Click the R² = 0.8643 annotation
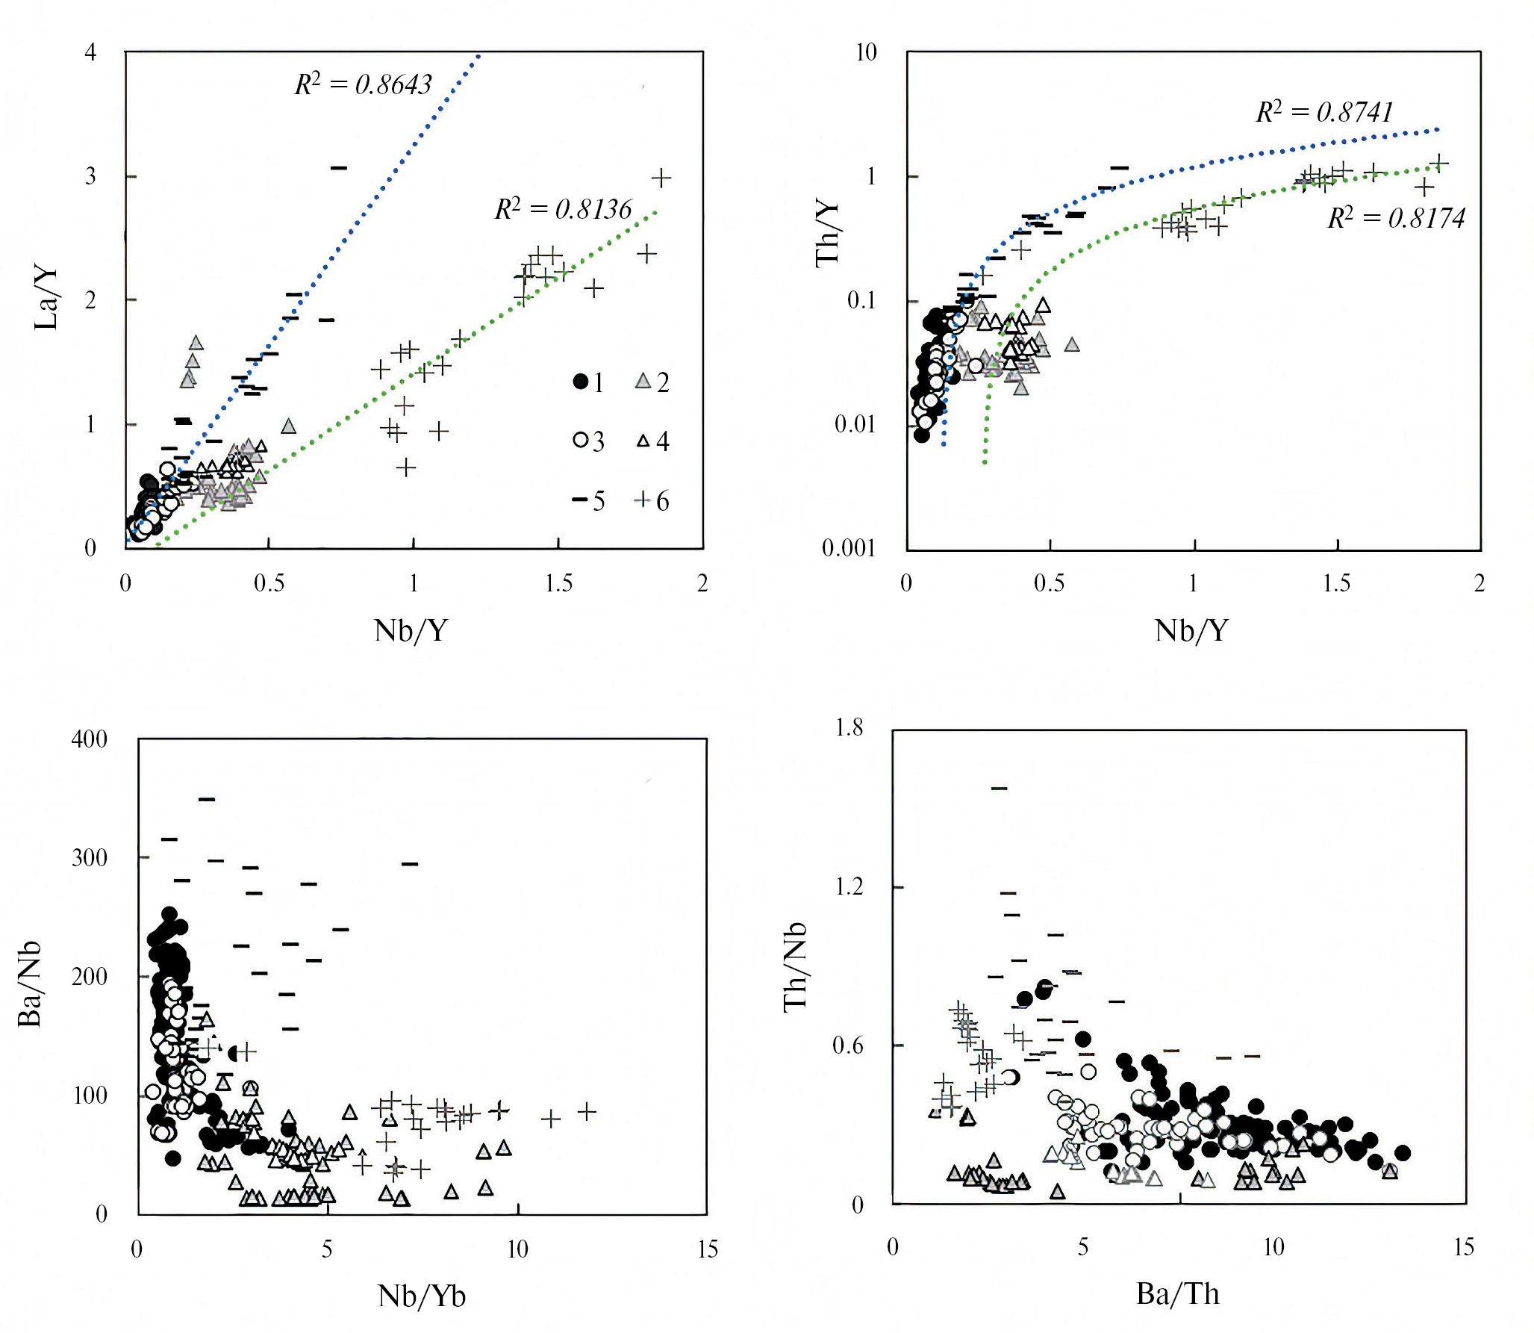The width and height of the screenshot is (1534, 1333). click(x=364, y=84)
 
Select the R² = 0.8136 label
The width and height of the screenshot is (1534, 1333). click(x=564, y=209)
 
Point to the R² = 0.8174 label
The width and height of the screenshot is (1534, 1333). click(x=1396, y=218)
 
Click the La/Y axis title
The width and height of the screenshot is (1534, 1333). click(x=46, y=299)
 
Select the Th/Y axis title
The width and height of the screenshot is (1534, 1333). click(x=827, y=234)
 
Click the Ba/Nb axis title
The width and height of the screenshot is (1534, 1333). click(x=30, y=985)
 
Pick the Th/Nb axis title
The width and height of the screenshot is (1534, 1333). click(x=796, y=966)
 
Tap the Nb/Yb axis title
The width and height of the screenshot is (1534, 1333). click(x=422, y=1296)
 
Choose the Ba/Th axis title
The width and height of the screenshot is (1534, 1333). click(x=1178, y=1293)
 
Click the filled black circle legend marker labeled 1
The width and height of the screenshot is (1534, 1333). click(x=581, y=382)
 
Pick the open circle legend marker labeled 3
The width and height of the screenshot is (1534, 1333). click(x=581, y=440)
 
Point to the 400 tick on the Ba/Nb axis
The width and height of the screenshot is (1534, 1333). click(x=90, y=739)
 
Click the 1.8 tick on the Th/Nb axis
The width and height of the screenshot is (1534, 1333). click(x=849, y=727)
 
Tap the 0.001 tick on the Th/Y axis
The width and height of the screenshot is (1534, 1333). click(x=849, y=548)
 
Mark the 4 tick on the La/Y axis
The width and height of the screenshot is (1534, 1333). click(x=90, y=52)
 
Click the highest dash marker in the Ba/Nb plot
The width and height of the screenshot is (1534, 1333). click(x=207, y=799)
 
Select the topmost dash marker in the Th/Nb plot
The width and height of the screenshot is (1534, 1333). click(x=999, y=788)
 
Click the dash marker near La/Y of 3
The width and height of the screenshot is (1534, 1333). click(x=339, y=168)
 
